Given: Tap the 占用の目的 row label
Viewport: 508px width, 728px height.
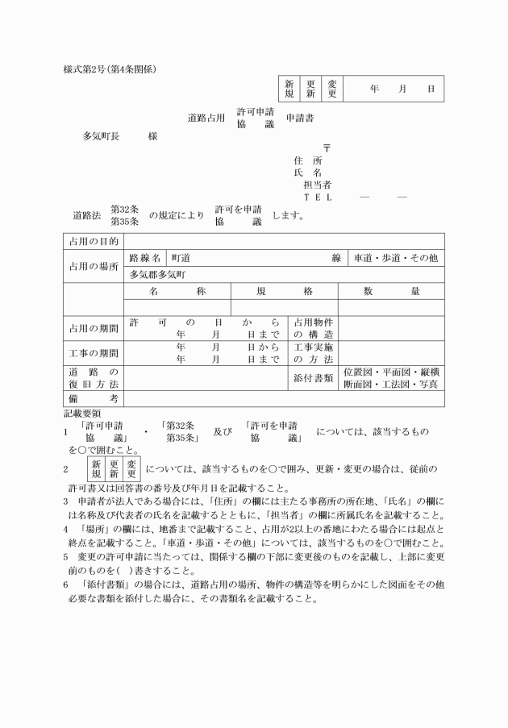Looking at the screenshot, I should point(94,241).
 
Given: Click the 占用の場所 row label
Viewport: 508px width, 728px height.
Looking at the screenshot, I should point(94,265).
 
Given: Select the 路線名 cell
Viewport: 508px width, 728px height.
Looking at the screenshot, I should point(145,258).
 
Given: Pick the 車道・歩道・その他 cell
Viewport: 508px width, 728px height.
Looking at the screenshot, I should point(395,258).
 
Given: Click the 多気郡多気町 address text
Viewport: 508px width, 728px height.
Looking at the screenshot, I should point(158,274).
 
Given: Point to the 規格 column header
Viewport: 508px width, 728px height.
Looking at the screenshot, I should point(284,291).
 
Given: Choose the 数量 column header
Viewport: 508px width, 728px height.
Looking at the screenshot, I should point(391,291).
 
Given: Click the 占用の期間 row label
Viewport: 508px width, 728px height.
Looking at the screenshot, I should point(94,328).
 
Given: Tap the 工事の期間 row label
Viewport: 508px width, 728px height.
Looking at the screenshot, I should point(94,353).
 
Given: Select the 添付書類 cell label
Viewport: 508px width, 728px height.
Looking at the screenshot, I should point(313,377).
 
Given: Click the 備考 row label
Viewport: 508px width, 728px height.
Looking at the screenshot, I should point(94,398).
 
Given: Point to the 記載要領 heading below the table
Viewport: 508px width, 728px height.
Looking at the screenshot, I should point(81,412).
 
